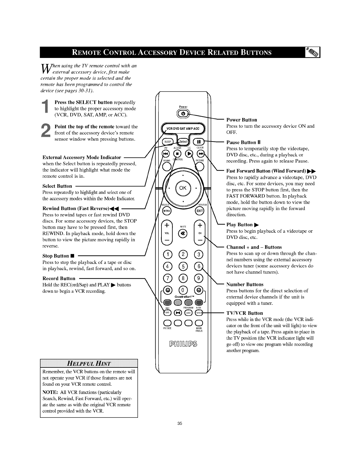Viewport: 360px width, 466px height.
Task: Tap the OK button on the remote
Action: click(x=183, y=189)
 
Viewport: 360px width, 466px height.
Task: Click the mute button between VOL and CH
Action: click(x=183, y=234)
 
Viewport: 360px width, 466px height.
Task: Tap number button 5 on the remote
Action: click(x=183, y=267)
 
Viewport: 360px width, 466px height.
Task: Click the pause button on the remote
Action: click(x=199, y=141)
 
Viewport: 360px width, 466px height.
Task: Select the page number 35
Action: click(x=180, y=424)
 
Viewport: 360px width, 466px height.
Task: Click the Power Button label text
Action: click(x=241, y=120)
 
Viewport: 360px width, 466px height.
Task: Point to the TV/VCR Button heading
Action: click(x=244, y=313)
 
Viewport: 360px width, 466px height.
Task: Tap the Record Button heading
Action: click(x=59, y=278)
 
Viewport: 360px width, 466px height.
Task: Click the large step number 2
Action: click(x=46, y=131)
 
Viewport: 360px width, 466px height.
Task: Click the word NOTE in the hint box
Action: click(x=50, y=392)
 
